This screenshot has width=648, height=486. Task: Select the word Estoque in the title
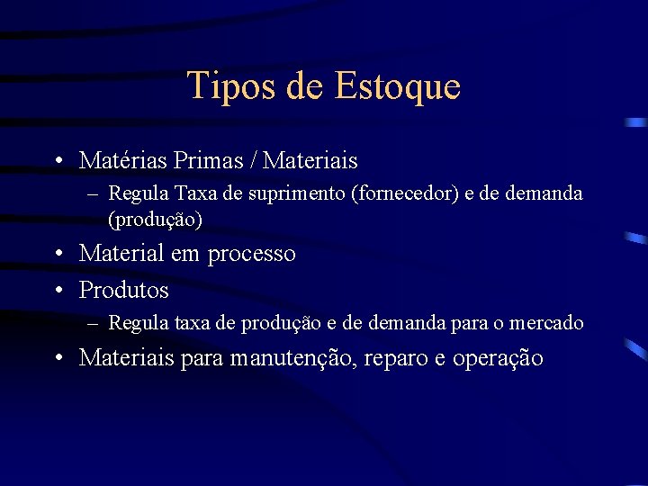pos(397,86)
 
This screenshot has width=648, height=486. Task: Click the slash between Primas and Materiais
pos(257,161)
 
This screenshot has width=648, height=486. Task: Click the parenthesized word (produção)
pos(155,218)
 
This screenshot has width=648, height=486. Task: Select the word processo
pos(251,254)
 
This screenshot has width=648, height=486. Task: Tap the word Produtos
pos(123,291)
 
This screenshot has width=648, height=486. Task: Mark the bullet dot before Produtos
pos(57,291)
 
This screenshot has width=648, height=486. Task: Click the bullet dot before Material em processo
pos(57,254)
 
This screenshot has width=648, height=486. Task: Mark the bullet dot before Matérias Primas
pos(57,161)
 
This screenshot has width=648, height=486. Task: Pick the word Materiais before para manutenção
pos(127,358)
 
